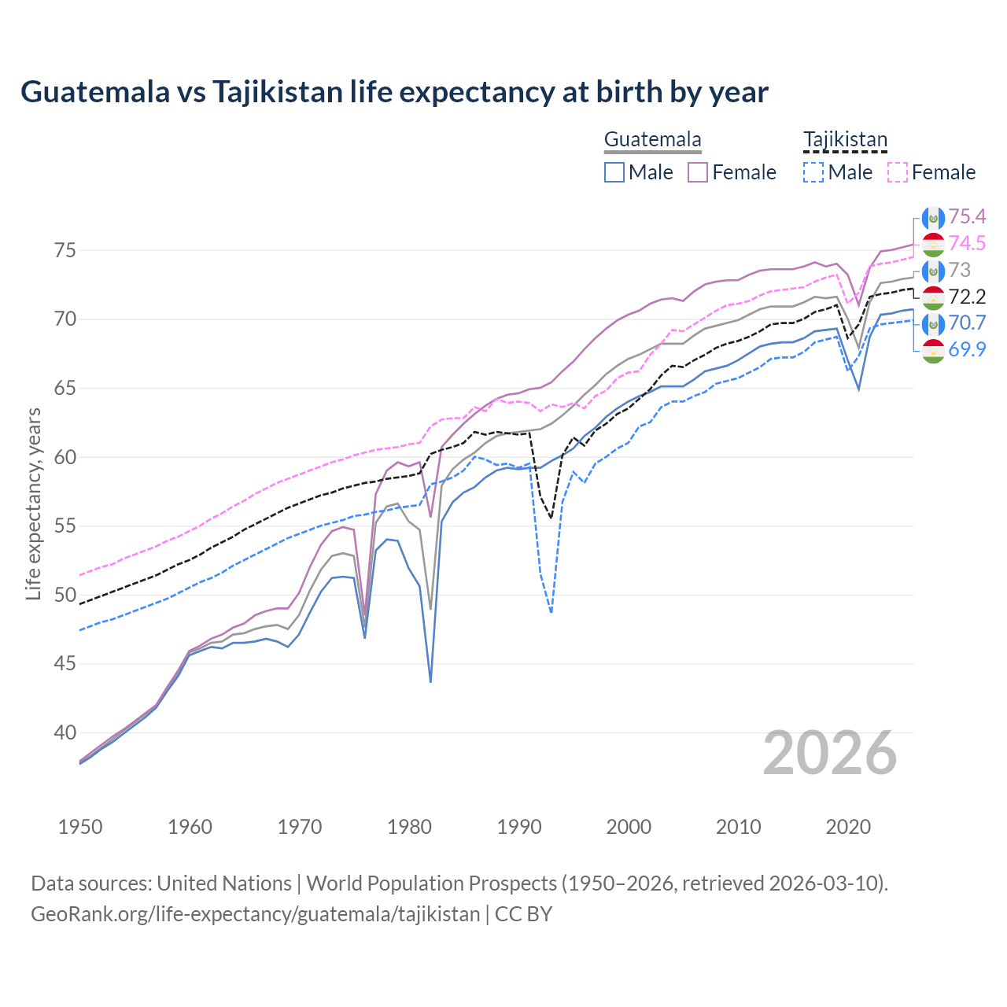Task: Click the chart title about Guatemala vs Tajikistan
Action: click(x=394, y=92)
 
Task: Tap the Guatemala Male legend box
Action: click(x=614, y=172)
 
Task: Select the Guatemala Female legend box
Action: click(x=698, y=172)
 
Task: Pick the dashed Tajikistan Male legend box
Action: click(x=813, y=172)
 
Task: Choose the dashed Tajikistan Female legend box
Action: click(x=897, y=172)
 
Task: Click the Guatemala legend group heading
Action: click(x=652, y=140)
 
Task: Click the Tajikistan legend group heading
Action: click(x=845, y=140)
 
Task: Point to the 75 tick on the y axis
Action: click(x=65, y=251)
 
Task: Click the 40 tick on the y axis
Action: click(x=65, y=732)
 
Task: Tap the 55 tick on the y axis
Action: click(x=65, y=526)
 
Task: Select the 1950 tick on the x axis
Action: click(x=80, y=827)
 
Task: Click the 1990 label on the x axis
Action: click(x=519, y=827)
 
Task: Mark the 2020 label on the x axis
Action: click(x=848, y=827)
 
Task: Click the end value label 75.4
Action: click(x=967, y=217)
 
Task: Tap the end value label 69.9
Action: click(x=967, y=350)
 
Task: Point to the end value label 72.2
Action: click(x=967, y=297)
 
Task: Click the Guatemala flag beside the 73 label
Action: click(x=933, y=271)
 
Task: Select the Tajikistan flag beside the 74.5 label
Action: click(x=933, y=244)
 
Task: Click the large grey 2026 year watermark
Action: click(x=830, y=754)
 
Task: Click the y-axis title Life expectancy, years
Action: click(x=34, y=503)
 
